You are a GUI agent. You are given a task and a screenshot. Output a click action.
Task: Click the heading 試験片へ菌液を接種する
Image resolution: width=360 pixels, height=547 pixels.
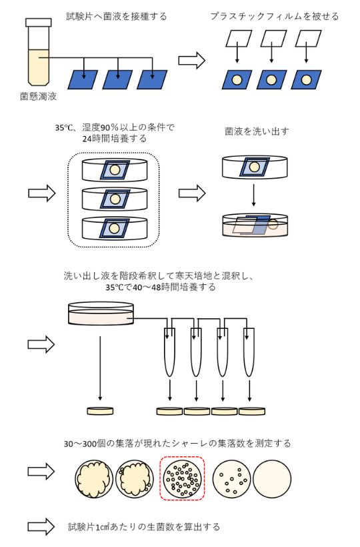(117, 15)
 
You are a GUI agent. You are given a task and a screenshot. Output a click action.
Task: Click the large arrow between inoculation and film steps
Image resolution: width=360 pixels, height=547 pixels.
(191, 60)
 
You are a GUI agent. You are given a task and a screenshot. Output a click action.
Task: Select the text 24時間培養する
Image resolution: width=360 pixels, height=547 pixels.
(114, 139)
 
